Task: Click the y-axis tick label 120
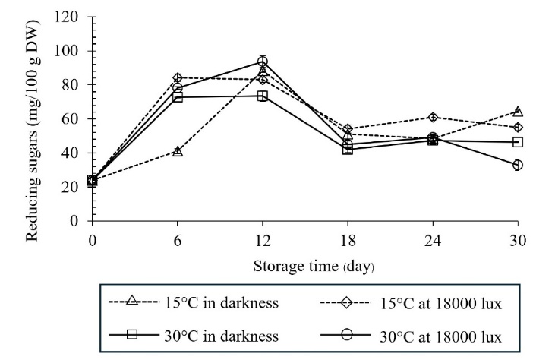(72, 17)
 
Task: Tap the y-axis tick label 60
(75, 119)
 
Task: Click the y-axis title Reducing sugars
(34, 119)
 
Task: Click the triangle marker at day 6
(178, 151)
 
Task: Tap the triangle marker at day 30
(518, 111)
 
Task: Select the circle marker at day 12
(263, 61)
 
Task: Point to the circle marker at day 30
(518, 165)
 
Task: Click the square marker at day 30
(518, 142)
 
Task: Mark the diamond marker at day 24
(433, 117)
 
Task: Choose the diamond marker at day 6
(178, 77)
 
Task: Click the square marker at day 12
(263, 96)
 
